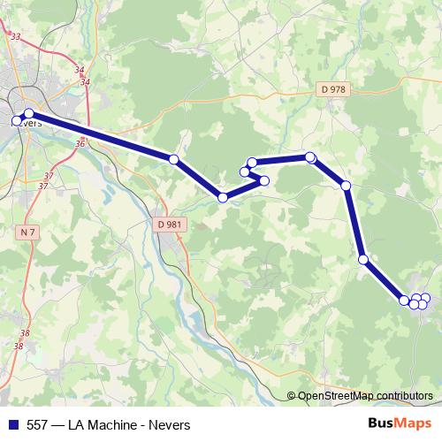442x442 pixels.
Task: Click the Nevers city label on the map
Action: coord(29,123)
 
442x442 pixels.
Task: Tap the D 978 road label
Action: coord(333,88)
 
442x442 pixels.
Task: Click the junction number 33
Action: coord(15,36)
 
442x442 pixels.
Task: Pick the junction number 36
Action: coord(80,143)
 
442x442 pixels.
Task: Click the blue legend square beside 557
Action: coord(13,424)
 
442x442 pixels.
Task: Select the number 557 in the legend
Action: coord(37,424)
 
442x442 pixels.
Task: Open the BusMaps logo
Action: coord(400,423)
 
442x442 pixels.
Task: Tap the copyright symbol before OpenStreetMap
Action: coord(291,395)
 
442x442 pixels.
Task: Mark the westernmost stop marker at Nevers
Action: coord(16,120)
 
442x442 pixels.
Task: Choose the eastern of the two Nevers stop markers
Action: coord(28,113)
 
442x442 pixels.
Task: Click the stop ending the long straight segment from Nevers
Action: coord(174,159)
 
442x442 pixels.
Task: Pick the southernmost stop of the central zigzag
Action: coord(223,197)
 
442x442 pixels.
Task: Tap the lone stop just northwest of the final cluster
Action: coord(363,259)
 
